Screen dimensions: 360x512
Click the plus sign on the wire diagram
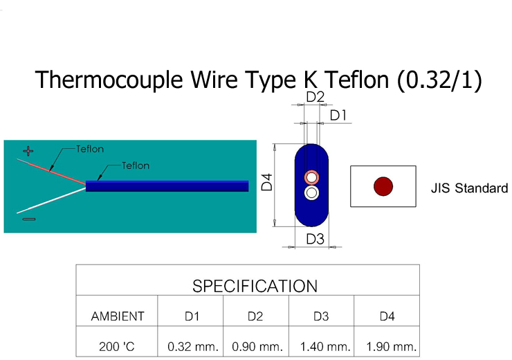28,150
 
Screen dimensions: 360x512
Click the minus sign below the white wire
28,219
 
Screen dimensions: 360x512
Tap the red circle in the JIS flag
383,186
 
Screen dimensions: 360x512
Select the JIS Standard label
469,188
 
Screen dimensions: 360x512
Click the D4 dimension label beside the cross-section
266,183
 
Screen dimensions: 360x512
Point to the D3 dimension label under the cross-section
315,239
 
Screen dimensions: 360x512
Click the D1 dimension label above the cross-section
338,116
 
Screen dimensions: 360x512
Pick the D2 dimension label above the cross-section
315,97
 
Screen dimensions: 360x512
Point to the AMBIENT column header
118,316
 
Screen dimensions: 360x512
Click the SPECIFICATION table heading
255,286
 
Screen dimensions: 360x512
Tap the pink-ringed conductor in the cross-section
312,177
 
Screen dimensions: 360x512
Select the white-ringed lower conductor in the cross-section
312,192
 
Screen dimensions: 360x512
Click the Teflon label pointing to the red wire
90,149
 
